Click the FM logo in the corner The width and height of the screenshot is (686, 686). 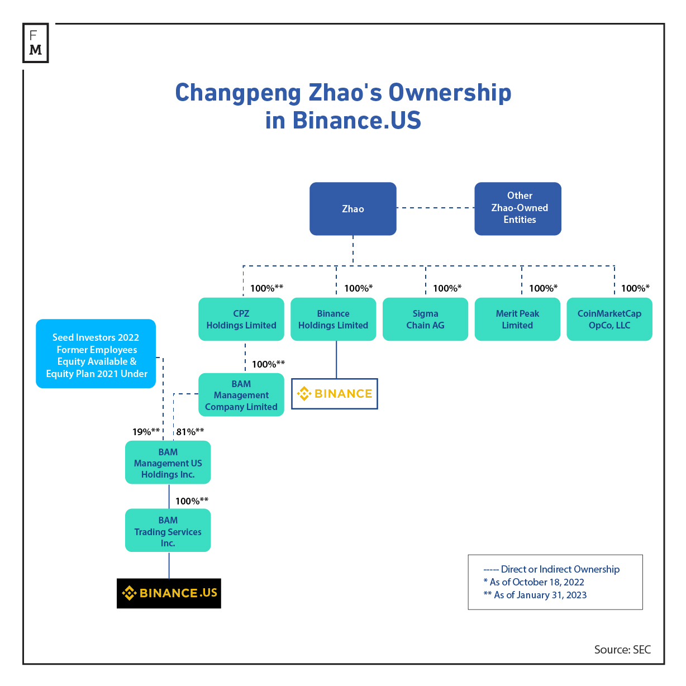click(x=35, y=42)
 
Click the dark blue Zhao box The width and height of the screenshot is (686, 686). click(x=352, y=208)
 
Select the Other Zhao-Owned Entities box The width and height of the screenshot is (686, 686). click(x=518, y=208)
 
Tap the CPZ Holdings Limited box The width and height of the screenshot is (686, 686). click(x=241, y=319)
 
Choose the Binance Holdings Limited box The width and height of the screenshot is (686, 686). click(x=333, y=319)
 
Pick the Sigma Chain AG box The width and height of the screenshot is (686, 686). click(x=425, y=319)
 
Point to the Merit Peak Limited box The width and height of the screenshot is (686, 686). click(x=517, y=319)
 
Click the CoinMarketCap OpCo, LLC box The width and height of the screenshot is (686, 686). click(x=609, y=319)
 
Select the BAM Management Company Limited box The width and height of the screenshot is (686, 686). click(x=241, y=394)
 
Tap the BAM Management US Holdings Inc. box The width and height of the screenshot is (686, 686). click(x=168, y=462)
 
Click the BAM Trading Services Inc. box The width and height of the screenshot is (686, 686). click(x=168, y=530)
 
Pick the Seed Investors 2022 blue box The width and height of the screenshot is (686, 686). click(x=96, y=354)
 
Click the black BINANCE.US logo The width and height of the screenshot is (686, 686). click(x=169, y=593)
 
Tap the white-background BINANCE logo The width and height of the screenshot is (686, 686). click(x=334, y=394)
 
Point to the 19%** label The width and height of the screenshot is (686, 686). click(x=146, y=432)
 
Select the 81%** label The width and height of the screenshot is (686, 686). click(x=190, y=432)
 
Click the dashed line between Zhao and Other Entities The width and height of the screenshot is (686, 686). click(x=435, y=208)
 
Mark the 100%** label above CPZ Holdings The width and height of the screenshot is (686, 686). click(x=266, y=288)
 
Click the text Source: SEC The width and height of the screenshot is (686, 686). click(x=622, y=650)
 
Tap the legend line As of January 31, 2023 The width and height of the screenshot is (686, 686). click(x=535, y=595)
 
